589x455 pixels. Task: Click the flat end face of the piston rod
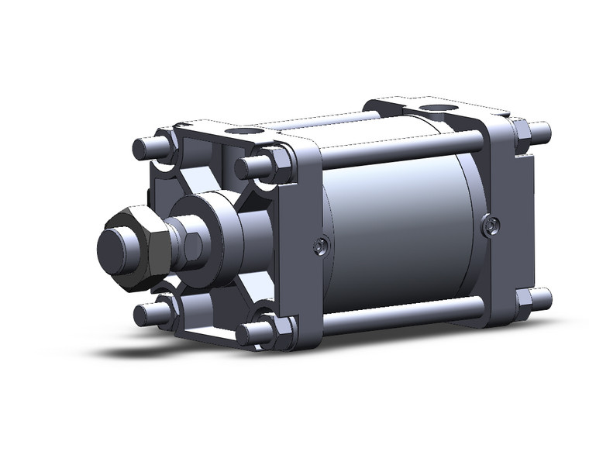(x=115, y=250)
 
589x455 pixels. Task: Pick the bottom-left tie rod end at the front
(x=143, y=313)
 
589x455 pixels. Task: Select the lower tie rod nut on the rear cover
(x=522, y=300)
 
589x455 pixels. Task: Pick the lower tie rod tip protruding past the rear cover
(x=542, y=298)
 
